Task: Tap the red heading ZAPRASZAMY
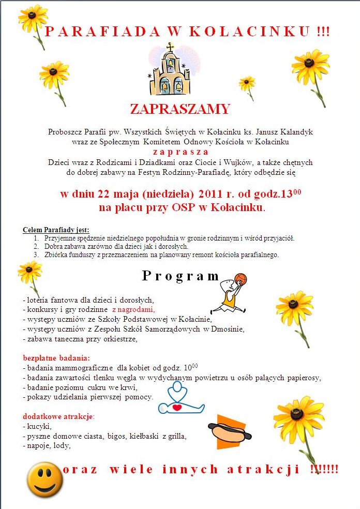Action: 180,109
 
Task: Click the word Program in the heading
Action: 181,276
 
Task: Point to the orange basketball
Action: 241,280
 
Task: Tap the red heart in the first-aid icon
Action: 177,407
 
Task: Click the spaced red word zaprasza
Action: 180,152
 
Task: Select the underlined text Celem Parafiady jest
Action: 56,230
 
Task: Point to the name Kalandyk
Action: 293,132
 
